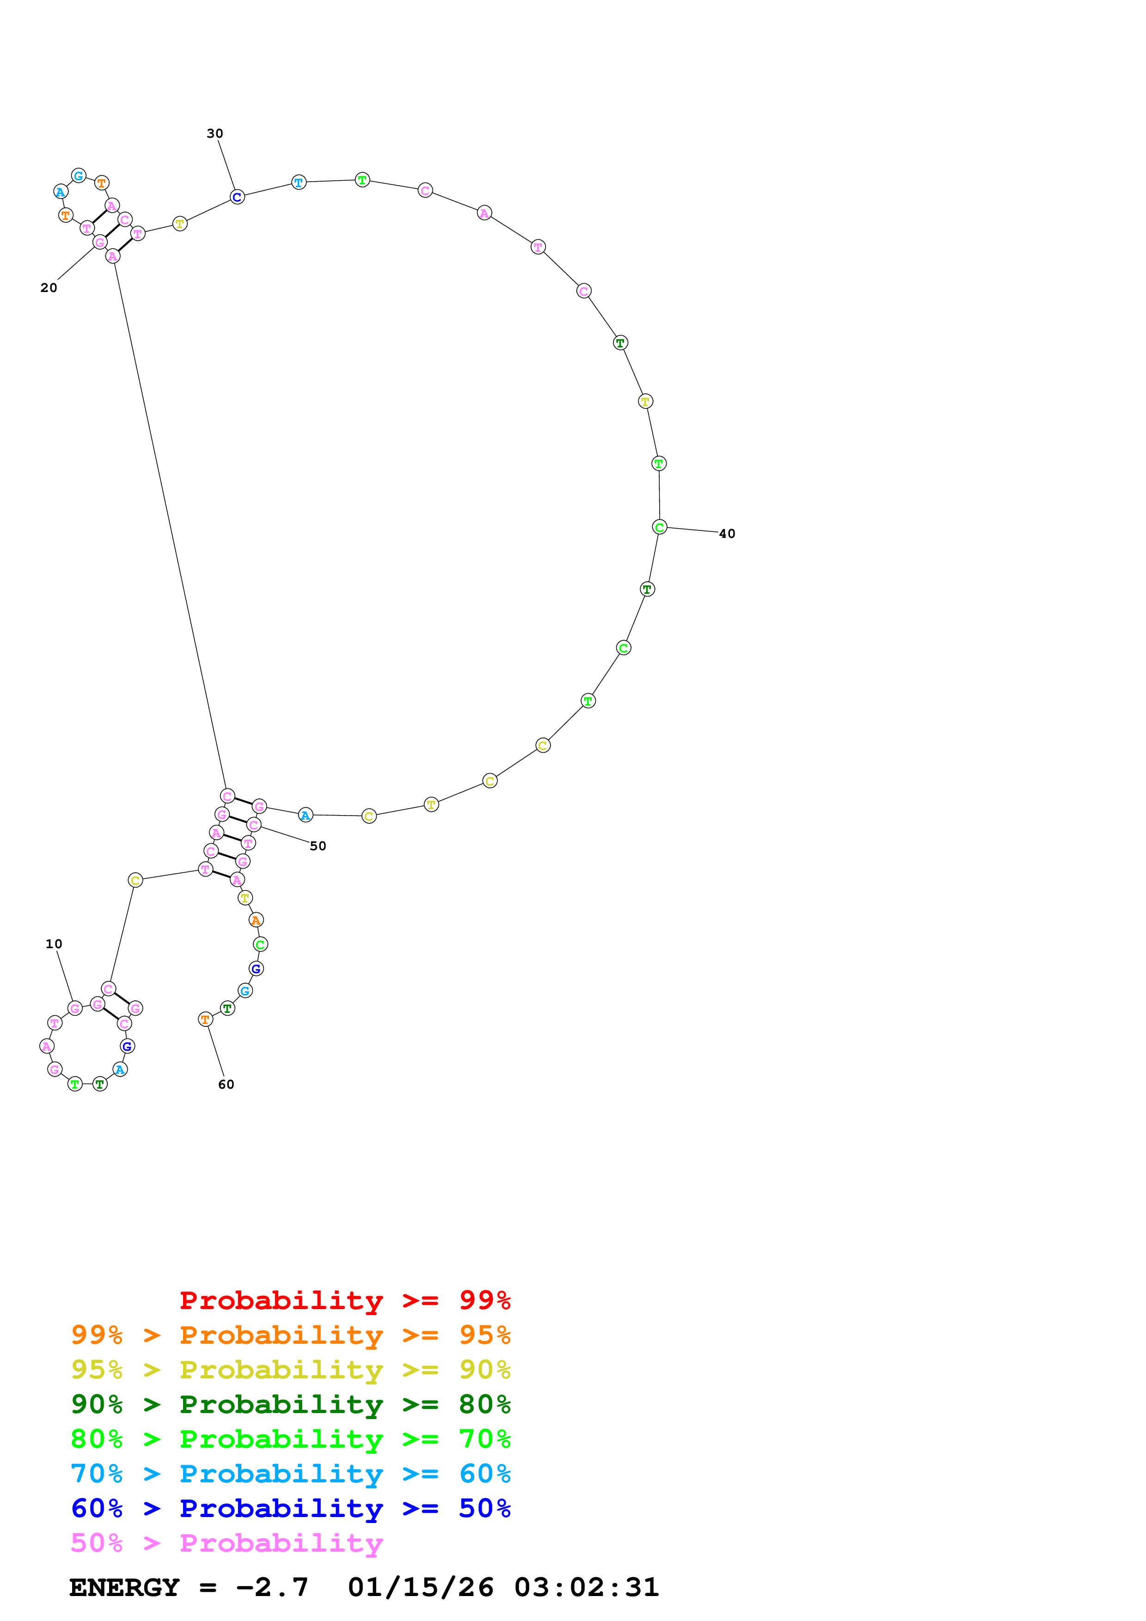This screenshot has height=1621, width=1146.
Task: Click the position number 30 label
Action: coord(214,134)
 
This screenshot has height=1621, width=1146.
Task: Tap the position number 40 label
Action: coord(727,534)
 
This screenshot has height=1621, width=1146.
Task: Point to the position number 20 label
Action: coord(49,287)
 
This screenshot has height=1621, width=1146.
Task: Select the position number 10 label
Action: coord(54,944)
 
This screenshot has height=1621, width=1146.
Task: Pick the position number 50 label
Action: coord(318,846)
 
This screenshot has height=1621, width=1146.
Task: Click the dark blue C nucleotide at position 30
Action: coord(237,197)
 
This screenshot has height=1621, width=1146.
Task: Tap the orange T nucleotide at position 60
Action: coord(205,1019)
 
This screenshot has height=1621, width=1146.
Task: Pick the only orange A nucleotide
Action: coord(256,920)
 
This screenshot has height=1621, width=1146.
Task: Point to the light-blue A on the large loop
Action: coord(305,816)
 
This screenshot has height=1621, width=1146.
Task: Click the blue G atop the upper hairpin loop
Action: coord(79,175)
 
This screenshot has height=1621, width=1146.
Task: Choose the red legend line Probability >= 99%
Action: coord(344,1300)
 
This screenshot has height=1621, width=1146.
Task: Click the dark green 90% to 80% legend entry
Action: coord(290,1404)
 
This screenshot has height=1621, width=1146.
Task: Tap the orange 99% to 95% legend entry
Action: coord(290,1335)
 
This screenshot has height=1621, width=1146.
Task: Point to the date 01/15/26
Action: coord(421,1587)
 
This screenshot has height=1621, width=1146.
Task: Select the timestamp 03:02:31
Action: coord(586,1587)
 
